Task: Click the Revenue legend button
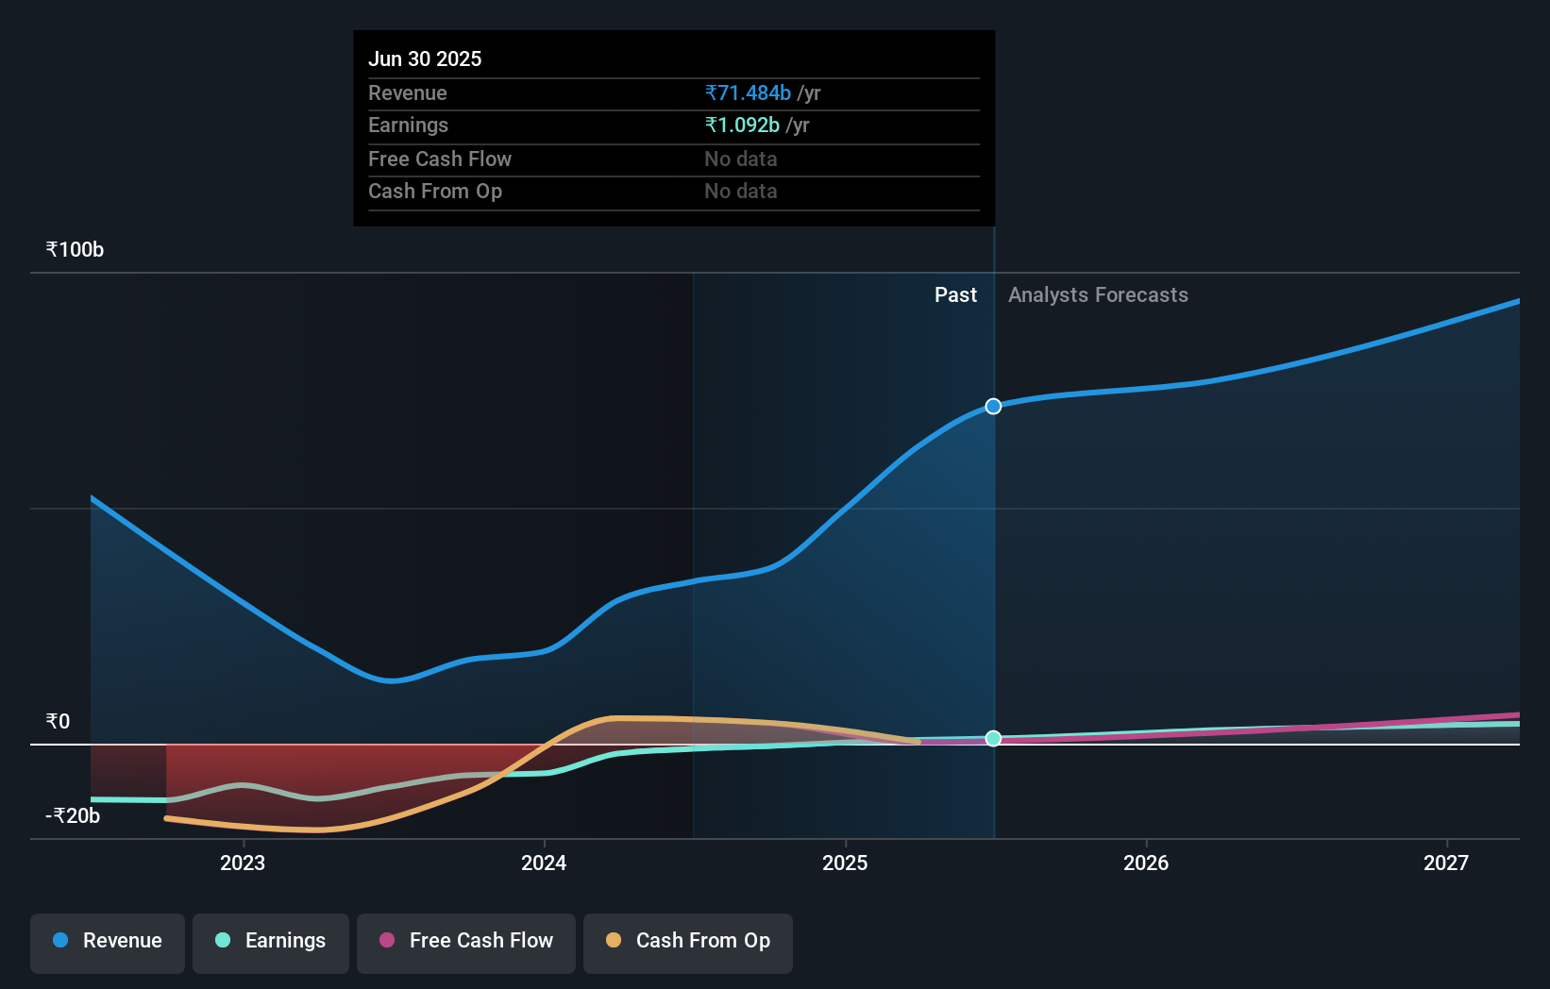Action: [108, 941]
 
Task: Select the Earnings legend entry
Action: [271, 941]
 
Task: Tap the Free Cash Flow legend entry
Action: [466, 941]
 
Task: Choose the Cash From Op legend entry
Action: [688, 941]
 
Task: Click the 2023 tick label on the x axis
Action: [243, 863]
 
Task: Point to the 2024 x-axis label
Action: [544, 863]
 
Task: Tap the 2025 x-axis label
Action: [845, 863]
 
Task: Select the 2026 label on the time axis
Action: [1146, 863]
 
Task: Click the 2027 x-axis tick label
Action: [1446, 863]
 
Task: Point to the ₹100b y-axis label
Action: [75, 250]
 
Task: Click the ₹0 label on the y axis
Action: [58, 722]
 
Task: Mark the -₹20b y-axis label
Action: [73, 816]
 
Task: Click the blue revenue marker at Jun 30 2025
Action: [993, 407]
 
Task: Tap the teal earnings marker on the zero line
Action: [993, 739]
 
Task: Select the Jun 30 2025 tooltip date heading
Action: [425, 59]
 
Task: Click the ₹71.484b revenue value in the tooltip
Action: [748, 93]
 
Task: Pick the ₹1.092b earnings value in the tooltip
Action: [742, 126]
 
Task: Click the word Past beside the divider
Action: [955, 295]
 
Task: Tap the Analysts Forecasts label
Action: [1098, 295]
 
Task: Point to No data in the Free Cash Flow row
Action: [741, 159]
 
